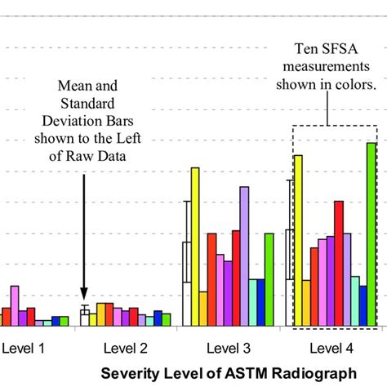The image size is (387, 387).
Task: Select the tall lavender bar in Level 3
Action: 243,256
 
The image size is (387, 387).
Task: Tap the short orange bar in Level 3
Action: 203,309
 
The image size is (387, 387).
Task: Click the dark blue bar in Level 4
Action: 363,306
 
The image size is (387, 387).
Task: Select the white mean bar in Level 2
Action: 84,318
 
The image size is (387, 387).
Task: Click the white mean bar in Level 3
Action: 187,261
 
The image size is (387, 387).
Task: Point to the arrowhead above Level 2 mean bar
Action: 84,296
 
